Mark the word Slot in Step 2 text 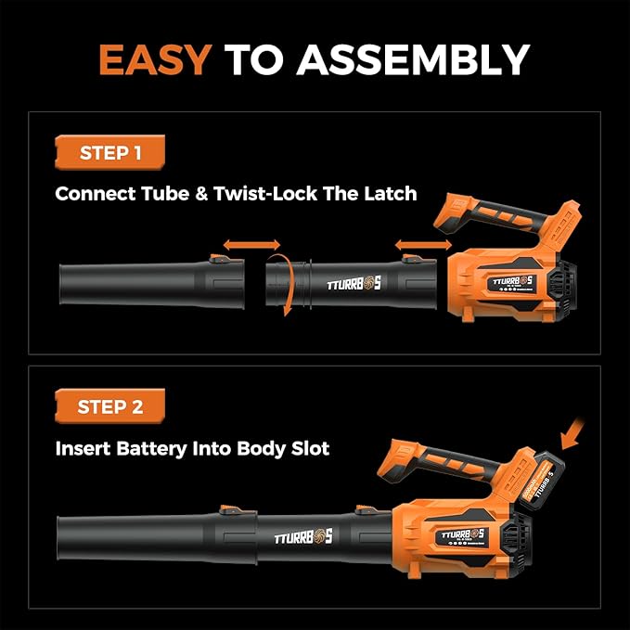point(307,448)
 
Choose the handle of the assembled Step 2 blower point(436,464)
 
